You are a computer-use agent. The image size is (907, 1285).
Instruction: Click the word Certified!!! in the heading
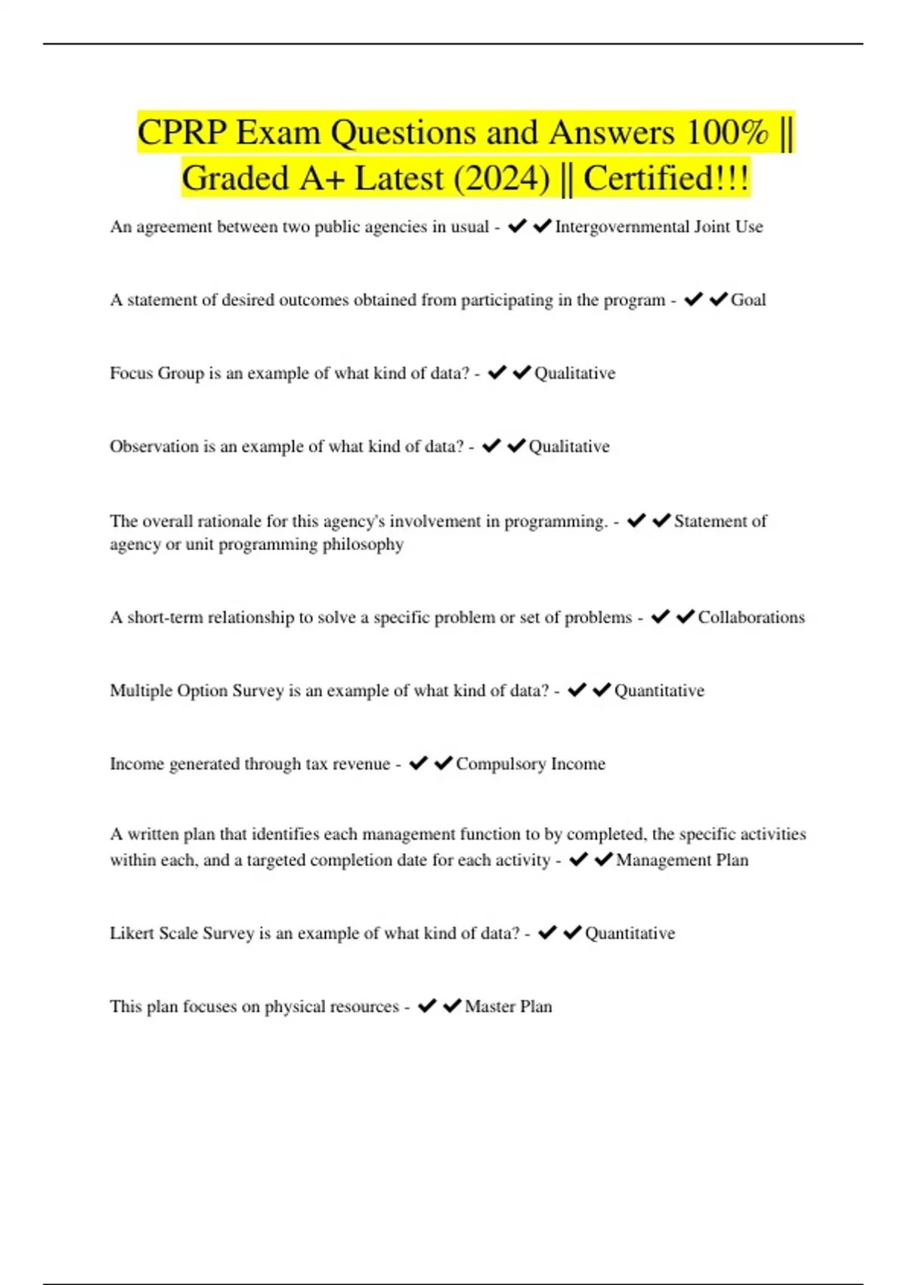666,179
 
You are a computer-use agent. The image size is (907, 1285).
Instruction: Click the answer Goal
748,300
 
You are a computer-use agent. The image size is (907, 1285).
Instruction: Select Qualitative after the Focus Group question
574,373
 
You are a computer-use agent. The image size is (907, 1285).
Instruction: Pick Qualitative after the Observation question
568,447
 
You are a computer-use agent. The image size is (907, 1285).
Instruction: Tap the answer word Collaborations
751,618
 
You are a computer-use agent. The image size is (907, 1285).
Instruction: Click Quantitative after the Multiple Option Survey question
659,691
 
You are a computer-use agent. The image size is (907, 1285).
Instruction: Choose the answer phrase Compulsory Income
530,764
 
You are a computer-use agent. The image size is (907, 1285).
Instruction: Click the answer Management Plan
682,860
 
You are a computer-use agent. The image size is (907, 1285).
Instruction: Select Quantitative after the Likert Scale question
630,934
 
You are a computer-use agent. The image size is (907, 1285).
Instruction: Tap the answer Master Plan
508,1007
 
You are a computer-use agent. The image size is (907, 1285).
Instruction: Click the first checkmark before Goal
693,300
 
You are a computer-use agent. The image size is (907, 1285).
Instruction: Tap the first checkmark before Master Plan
427,1006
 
